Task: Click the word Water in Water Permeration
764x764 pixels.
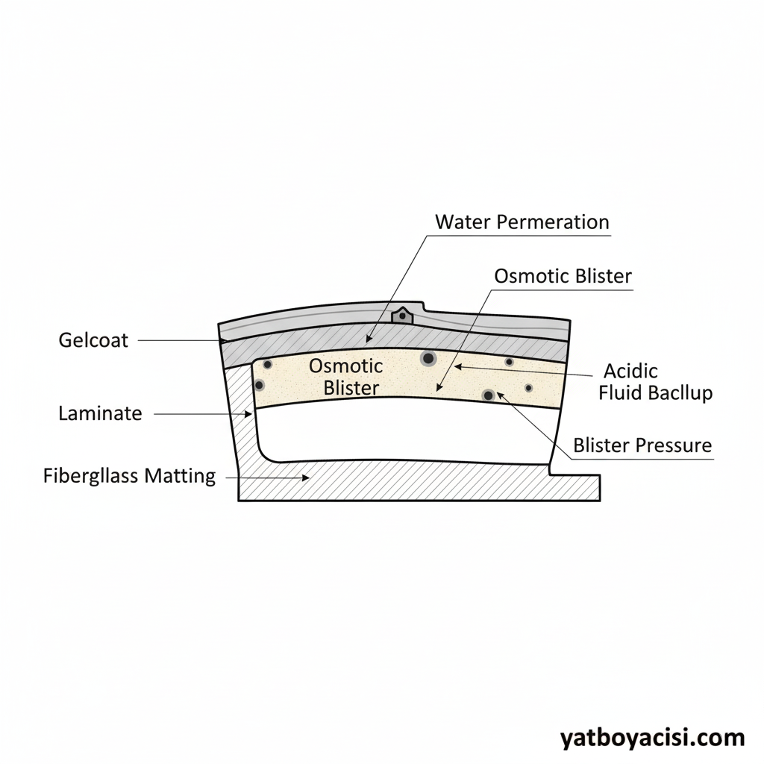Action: pos(457,222)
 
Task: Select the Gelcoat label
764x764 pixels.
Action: pos(93,341)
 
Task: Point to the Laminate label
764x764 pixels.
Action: pos(100,413)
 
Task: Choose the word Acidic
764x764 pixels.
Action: pos(631,371)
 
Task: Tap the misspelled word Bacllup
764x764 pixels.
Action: pos(679,392)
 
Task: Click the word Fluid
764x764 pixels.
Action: pos(620,392)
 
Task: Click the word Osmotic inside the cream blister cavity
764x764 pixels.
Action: pos(345,366)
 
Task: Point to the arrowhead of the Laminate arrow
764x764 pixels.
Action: pos(248,413)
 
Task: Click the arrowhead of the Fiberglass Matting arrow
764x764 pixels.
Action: pos(305,477)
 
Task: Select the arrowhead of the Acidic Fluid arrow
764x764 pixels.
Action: pos(457,366)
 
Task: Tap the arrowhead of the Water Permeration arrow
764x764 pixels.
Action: pos(369,339)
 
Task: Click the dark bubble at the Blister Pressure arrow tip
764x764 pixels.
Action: pos(489,395)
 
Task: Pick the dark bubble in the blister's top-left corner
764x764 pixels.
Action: pos(267,364)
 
